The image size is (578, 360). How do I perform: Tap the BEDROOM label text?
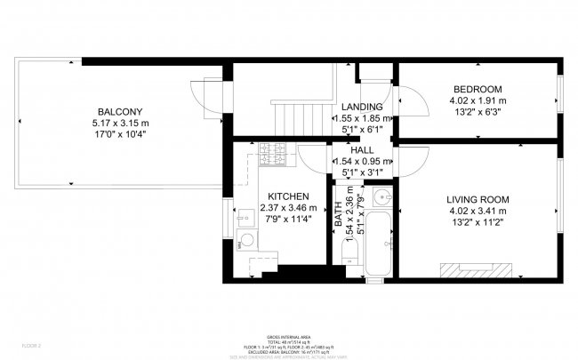point(478,90)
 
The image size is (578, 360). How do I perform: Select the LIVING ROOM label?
point(478,199)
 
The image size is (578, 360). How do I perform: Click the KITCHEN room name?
point(288,196)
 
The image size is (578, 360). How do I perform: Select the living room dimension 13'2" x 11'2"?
point(478,224)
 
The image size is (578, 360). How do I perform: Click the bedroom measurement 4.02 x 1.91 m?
point(478,101)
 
